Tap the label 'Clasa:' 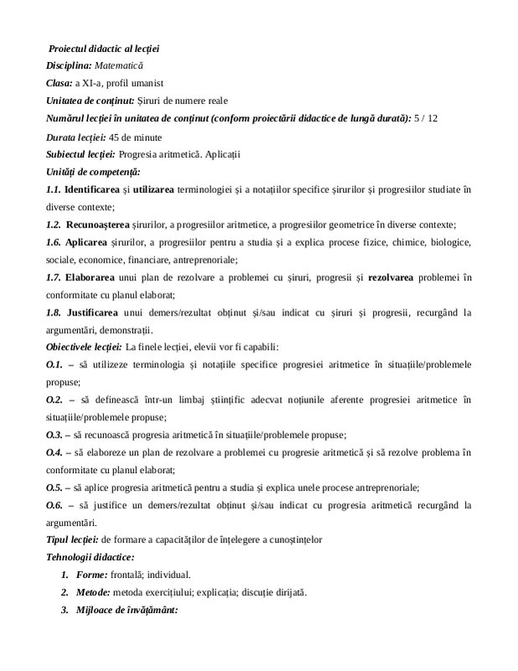(60, 83)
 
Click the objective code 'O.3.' (54, 435)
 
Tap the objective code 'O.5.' (54, 488)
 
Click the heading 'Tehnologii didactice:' (91, 558)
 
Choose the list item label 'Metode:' (94, 593)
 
